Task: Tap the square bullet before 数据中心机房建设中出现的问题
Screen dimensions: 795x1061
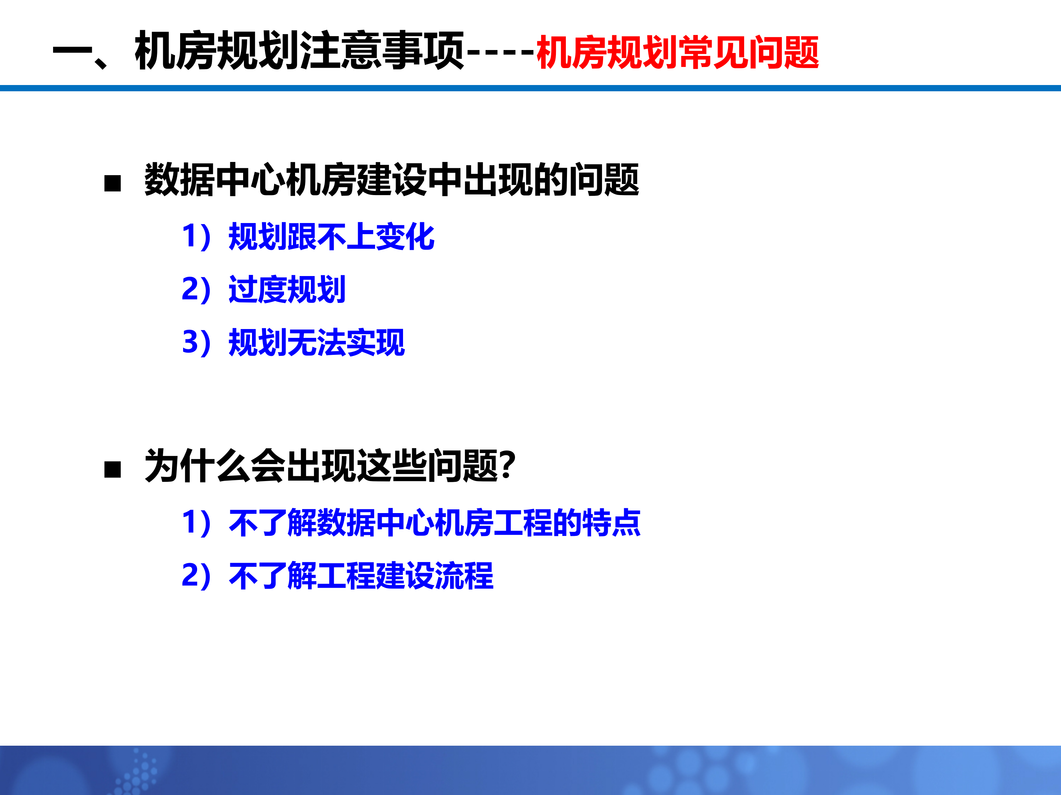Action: [113, 183]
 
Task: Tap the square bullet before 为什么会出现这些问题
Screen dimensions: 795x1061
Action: [113, 470]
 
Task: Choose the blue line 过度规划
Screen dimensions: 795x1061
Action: [287, 289]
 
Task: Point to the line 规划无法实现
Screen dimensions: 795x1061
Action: [316, 343]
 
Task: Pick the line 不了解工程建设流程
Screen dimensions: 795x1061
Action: [361, 576]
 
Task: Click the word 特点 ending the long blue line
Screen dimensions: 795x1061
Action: [611, 523]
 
